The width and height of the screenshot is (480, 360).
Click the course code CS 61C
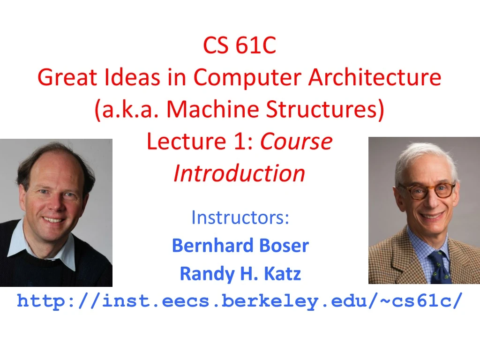pyautogui.click(x=240, y=45)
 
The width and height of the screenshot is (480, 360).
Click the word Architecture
pyautogui.click(x=375, y=77)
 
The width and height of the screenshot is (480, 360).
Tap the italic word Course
pyautogui.click(x=296, y=141)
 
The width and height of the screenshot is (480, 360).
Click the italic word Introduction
pyautogui.click(x=240, y=173)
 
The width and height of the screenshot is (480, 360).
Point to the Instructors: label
pyautogui.click(x=240, y=217)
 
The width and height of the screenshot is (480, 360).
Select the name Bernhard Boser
pyautogui.click(x=240, y=246)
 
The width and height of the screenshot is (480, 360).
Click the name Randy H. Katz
pyautogui.click(x=240, y=274)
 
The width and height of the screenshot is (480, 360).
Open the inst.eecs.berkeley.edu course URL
pyautogui.click(x=240, y=301)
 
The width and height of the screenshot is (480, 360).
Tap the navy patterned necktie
pyautogui.click(x=438, y=267)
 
